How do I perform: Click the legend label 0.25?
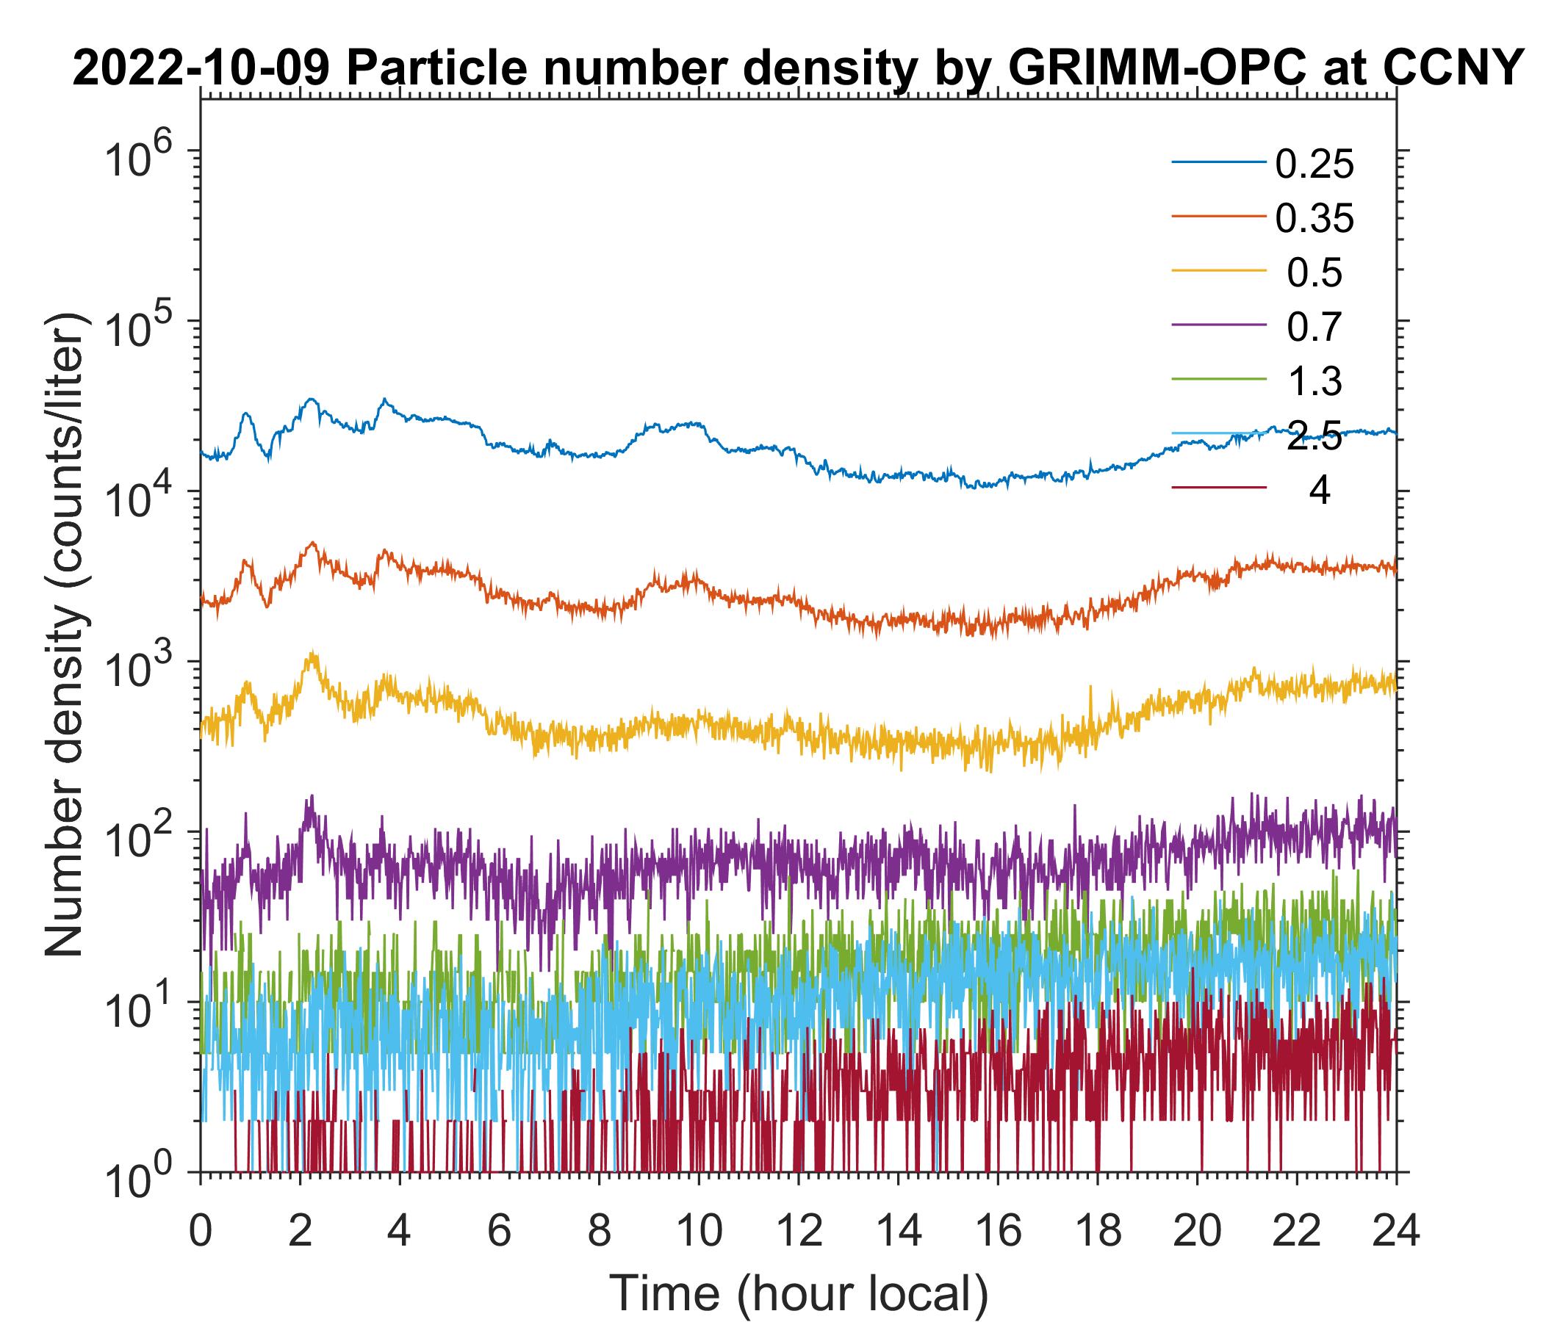point(1314,165)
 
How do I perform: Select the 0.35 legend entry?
point(1314,219)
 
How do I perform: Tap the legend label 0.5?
point(1314,273)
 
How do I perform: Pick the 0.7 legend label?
point(1314,328)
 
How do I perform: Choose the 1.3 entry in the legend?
point(1314,382)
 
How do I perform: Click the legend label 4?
point(1319,491)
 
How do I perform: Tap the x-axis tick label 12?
point(798,1232)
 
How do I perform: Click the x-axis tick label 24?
point(1395,1232)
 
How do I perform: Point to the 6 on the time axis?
point(499,1232)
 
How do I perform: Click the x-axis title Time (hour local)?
point(798,1293)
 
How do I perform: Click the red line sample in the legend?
point(1219,488)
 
